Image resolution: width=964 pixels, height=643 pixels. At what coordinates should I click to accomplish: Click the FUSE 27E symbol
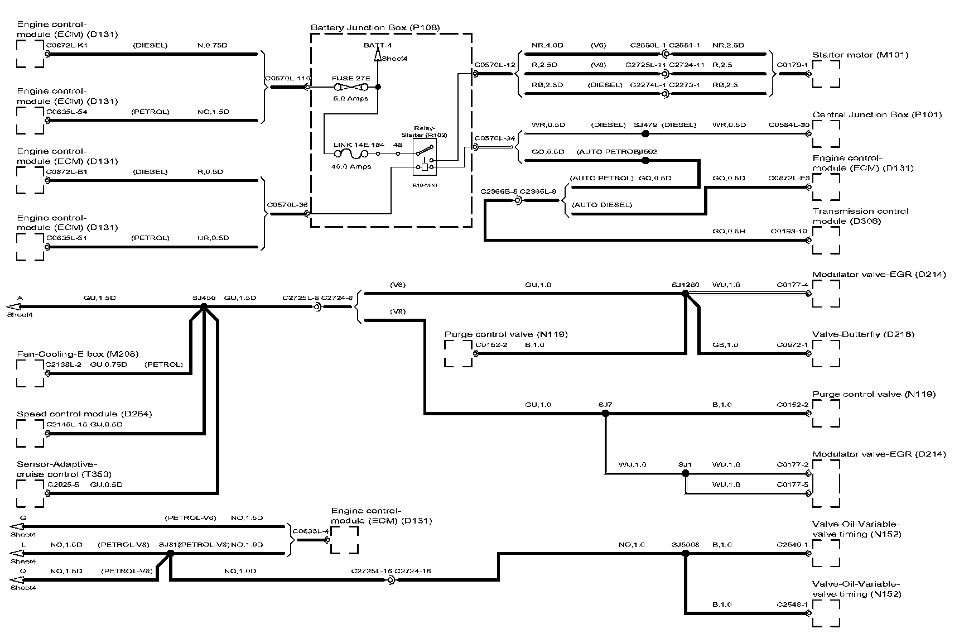tap(351, 88)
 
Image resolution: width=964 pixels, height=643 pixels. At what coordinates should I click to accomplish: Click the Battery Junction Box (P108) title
tap(375, 27)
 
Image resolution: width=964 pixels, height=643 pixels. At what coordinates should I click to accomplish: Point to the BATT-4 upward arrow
tap(378, 54)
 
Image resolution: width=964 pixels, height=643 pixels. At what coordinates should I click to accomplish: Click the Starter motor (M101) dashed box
tap(826, 74)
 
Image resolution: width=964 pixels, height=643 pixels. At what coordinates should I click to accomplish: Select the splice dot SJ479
tap(645, 134)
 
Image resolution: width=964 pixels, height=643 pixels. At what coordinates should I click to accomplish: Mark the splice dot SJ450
tap(204, 306)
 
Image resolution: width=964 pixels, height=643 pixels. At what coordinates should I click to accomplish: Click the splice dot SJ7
tap(605, 414)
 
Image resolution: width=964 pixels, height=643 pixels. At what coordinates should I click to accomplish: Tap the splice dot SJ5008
tap(686, 553)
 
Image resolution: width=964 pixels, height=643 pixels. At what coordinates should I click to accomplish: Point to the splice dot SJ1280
tap(686, 293)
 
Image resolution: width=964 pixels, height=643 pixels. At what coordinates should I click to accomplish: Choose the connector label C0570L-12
tap(495, 65)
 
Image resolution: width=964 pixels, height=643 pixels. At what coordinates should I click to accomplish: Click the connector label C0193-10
tap(789, 231)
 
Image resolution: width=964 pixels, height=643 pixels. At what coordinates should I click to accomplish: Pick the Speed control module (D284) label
tap(84, 414)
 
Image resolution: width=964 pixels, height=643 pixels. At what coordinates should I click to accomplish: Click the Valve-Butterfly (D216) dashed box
tap(826, 353)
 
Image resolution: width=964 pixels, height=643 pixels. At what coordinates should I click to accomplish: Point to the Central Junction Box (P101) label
tap(877, 115)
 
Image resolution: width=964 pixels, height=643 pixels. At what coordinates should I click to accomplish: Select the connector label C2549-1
tap(792, 544)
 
